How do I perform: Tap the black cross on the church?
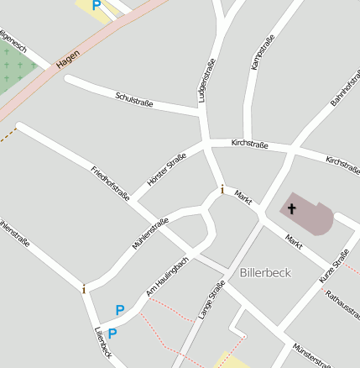pos(292,208)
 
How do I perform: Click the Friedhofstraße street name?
pos(110,184)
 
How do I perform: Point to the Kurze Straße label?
pos(333,266)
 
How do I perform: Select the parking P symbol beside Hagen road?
pos(97,5)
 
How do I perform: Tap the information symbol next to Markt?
pos(222,190)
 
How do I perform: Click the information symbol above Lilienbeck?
pos(84,289)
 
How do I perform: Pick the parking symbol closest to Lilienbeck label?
pos(112,334)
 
